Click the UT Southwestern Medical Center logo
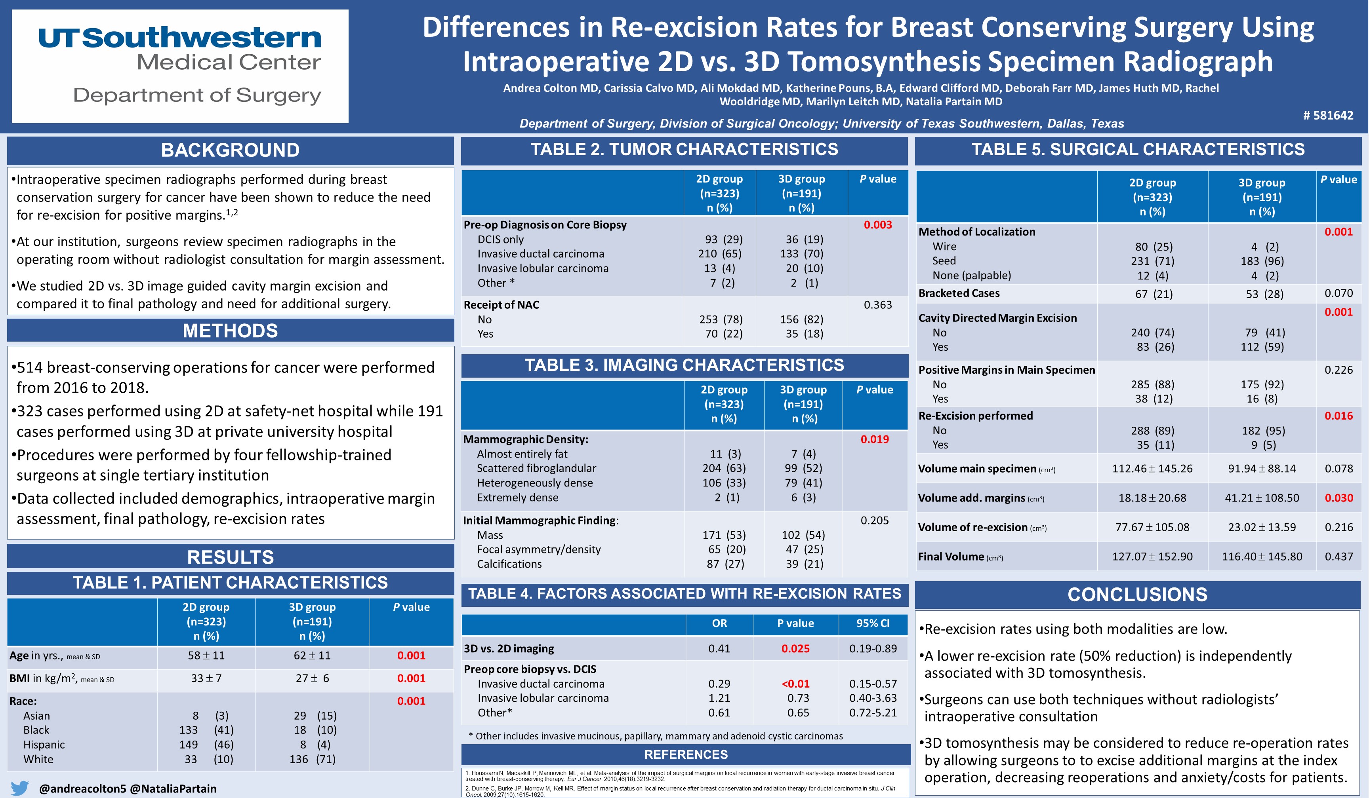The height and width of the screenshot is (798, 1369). coord(180,66)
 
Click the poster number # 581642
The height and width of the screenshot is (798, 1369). coord(1328,115)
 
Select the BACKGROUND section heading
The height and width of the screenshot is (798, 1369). coord(230,150)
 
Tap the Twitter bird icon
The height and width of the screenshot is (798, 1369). coord(19,788)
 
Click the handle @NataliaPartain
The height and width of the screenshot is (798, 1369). coord(173,788)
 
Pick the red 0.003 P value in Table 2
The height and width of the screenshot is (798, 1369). coord(877,225)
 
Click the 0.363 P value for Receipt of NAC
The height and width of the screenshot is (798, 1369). coord(877,304)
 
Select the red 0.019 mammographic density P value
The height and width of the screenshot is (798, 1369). coord(874,439)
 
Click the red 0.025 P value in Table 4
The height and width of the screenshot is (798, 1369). coord(795,648)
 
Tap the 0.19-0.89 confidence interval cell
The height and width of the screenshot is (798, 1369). coord(873,648)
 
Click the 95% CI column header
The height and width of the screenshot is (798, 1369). coord(873,623)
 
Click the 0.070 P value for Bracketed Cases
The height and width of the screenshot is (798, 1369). coord(1338,293)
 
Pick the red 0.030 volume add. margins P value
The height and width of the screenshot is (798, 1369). coord(1338,498)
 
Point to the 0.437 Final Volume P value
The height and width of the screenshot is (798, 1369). coord(1338,557)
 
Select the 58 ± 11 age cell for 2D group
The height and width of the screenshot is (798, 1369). coord(206,655)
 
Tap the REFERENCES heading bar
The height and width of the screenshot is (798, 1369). coord(686,754)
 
